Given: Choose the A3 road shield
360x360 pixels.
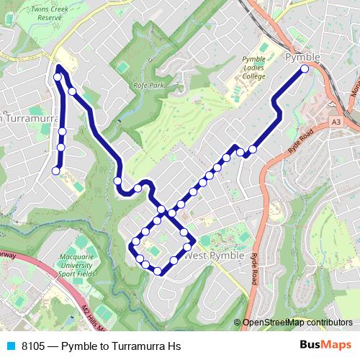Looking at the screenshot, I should pos(336,122).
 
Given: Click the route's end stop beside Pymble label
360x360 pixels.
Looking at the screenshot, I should pos(305,68).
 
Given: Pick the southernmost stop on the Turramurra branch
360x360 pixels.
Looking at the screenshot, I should pos(55,171).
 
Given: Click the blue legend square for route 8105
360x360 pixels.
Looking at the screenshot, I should pos(10,346).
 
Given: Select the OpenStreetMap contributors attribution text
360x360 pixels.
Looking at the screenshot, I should pos(297,323).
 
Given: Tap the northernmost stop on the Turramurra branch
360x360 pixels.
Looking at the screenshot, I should pos(58,76).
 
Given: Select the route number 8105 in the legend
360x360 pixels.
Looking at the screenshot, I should pos(33,346).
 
